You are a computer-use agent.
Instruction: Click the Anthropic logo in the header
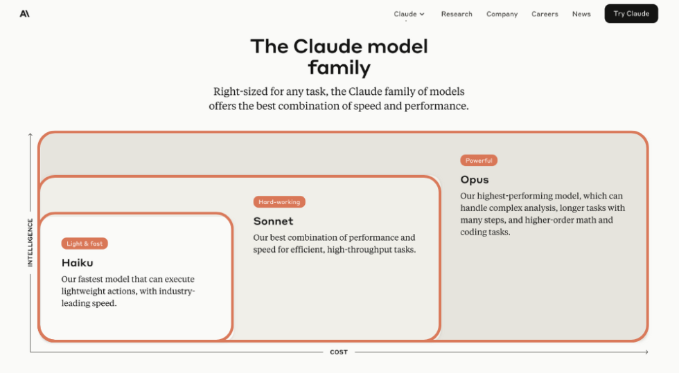25,14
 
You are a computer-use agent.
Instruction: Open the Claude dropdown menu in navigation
409,14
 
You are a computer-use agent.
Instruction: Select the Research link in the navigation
457,14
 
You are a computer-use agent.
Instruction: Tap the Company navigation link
502,14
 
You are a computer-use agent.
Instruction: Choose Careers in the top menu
545,14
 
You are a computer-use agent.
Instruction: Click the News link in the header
581,14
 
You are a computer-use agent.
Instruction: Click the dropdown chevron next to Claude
422,15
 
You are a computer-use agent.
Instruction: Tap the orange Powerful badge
479,161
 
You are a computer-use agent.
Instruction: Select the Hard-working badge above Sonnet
279,202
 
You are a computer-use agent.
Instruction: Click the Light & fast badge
85,244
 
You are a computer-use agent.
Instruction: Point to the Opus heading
475,179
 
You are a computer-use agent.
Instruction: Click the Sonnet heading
273,221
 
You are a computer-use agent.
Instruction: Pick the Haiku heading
77,263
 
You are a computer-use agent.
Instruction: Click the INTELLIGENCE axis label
30,242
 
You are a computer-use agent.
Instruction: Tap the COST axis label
339,352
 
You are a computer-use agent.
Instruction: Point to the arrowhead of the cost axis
646,352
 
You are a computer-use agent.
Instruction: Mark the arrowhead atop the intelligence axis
30,136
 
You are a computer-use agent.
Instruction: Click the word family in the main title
339,68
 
